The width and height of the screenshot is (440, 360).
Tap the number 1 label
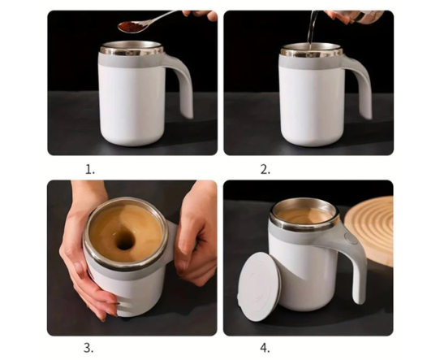coord(90,169)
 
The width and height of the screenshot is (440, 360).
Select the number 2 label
coord(265,169)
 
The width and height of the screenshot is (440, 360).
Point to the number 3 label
coord(88,348)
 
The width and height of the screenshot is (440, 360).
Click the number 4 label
coord(265,348)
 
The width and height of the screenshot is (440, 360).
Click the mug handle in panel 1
coord(183,85)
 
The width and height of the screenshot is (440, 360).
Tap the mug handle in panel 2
coord(363,85)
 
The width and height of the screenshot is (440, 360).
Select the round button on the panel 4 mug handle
coord(349,237)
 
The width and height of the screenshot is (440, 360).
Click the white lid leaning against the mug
coord(260,286)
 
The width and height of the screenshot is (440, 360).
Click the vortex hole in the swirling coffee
coord(125,241)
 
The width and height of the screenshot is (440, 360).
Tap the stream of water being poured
coord(311,29)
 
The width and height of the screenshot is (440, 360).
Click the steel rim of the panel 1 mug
coord(132,48)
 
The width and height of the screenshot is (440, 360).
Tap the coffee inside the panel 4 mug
coord(304,215)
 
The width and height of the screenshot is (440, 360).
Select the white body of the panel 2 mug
coord(312,106)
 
